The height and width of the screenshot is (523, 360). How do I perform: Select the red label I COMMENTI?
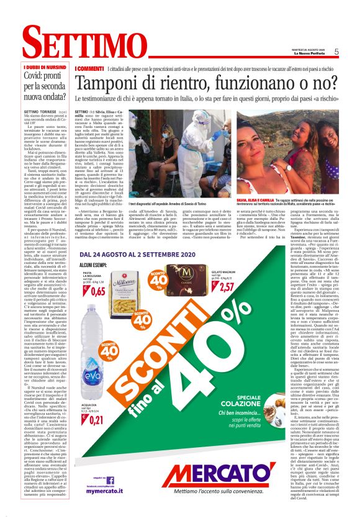coord(89,68)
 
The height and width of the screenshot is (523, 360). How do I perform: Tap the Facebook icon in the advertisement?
coord(110,480)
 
